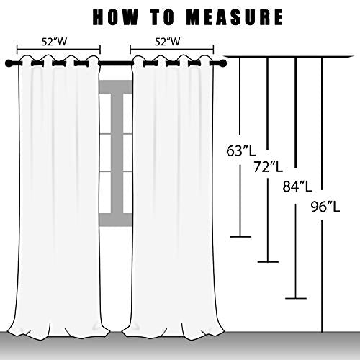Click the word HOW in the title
coord(115,17)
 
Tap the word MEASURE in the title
coord(235,17)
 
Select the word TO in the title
coord(163,17)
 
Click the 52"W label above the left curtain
coord(54,42)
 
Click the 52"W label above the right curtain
coord(167,42)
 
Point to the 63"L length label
coord(240,151)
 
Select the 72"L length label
coord(269,167)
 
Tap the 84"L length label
coord(297,186)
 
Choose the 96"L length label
coord(325,207)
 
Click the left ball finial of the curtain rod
coord(9,63)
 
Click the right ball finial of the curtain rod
coord(222,63)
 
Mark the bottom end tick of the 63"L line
coord(240,237)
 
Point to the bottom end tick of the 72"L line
coord(268,262)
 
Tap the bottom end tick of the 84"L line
coord(296,298)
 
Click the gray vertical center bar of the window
coord(117,153)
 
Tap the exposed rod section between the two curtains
coord(116,63)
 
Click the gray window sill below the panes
coord(116,220)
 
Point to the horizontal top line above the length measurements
coord(289,57)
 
